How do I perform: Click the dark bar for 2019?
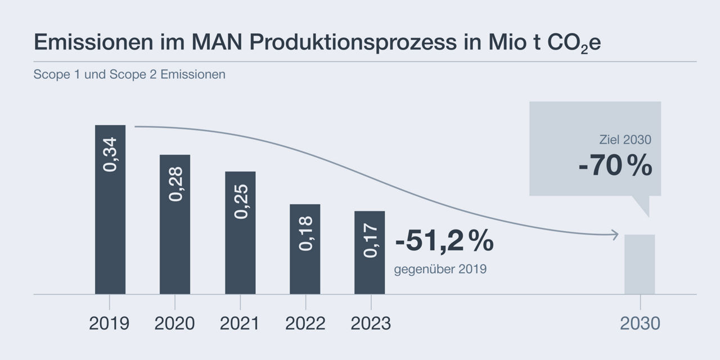pos(110,225)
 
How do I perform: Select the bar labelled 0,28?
pos(175,236)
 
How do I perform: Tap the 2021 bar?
pos(240,247)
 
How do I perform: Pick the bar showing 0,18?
pos(305,259)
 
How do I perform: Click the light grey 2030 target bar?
pos(640,264)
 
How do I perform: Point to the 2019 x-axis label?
pos(109,323)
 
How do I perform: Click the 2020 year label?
pos(174,323)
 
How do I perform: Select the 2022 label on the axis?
pos(305,323)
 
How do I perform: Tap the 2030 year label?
pos(640,323)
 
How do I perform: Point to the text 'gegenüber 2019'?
pos(440,269)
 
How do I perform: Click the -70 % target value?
pos(615,167)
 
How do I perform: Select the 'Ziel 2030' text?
pos(625,139)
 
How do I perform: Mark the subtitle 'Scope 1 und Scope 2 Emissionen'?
pos(129,74)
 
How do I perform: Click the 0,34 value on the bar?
pos(111,154)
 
